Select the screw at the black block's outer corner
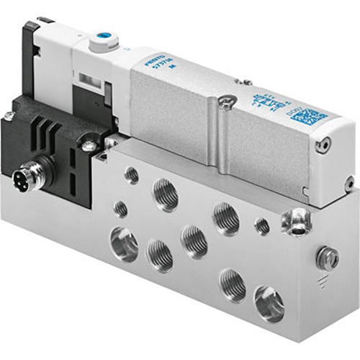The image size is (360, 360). click(9, 115)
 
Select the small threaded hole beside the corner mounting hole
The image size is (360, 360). click(262, 226)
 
